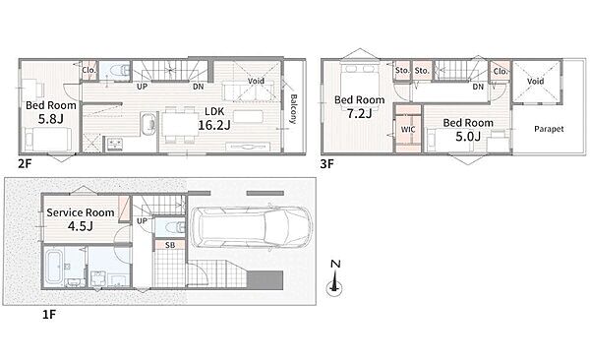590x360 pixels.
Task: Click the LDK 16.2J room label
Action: coord(214,119)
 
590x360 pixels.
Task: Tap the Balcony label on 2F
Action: coord(293,109)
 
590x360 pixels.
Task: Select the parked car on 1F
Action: coord(252,227)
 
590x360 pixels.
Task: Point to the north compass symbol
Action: coord(334,278)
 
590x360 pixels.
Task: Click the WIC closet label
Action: coord(408,130)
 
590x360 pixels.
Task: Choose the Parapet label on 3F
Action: coord(549,129)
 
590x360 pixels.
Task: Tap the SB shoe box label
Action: coord(170,245)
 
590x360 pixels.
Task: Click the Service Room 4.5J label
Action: coord(81,219)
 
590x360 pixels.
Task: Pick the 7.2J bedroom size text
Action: coord(359,113)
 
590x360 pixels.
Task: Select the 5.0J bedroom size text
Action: coord(468,137)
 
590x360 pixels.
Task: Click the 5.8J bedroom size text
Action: coord(51,119)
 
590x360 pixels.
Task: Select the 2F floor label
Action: coord(26,163)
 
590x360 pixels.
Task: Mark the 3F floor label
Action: coord(327,164)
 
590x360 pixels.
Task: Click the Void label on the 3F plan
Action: coord(535,81)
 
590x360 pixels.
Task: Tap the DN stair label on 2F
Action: coord(199,87)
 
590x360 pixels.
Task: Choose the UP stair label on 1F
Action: coord(142,221)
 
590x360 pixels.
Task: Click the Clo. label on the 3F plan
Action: coord(501,71)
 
